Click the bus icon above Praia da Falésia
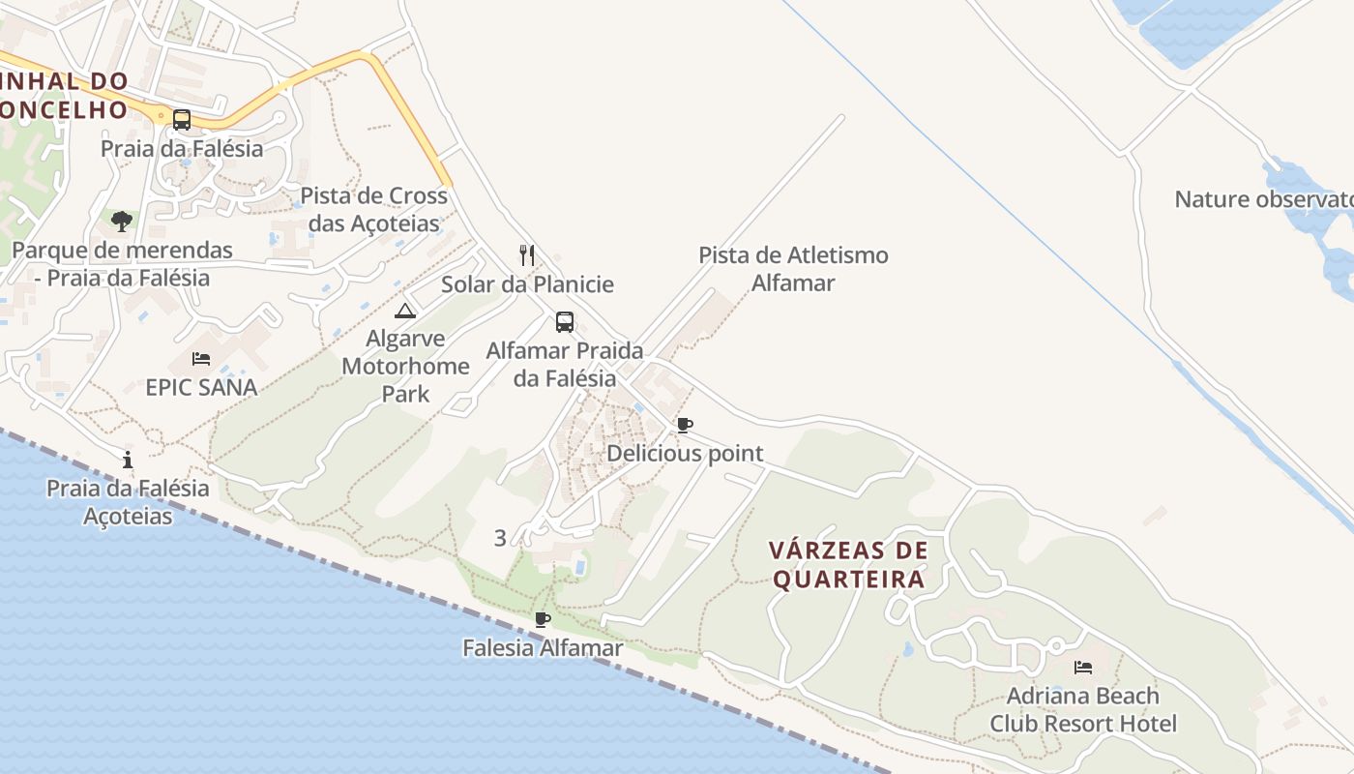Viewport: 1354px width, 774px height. tap(181, 120)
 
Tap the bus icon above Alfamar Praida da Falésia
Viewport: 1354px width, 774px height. tap(565, 322)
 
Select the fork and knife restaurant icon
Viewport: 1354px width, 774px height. tap(527, 255)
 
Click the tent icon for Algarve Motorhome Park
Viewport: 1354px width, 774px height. tap(405, 311)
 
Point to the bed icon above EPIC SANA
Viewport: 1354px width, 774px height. tap(201, 359)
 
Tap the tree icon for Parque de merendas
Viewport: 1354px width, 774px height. tap(121, 222)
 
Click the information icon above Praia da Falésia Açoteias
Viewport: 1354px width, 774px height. tap(128, 460)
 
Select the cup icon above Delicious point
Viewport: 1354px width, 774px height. tap(685, 425)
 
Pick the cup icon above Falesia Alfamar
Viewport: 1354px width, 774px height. tap(543, 619)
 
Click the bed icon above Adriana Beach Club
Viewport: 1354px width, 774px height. tap(1083, 668)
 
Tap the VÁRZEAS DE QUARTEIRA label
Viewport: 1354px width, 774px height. tap(848, 565)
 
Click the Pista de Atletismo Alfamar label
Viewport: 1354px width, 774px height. tap(794, 269)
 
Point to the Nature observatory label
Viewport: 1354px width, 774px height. tap(1263, 199)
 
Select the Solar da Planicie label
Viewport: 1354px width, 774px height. tap(527, 284)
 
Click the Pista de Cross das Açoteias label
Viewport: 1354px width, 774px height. tap(374, 209)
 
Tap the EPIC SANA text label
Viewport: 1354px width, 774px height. tap(201, 388)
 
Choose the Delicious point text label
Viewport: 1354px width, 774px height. tap(685, 454)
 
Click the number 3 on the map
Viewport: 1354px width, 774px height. tap(500, 538)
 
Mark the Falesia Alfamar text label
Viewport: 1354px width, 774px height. tap(543, 648)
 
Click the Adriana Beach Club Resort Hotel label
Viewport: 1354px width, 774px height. tap(1083, 709)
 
